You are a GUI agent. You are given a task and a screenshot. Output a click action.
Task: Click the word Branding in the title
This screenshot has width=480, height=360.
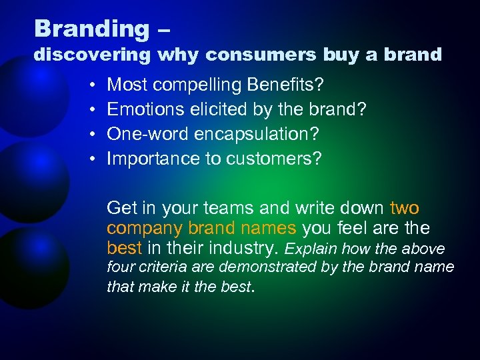pos(92,29)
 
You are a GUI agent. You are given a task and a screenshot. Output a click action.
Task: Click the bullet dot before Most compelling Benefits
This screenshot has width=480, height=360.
pos(90,85)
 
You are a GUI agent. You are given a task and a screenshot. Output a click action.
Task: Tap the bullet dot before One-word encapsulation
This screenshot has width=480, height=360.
pos(90,135)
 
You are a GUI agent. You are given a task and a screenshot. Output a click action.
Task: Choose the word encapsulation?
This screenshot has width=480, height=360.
pos(257,134)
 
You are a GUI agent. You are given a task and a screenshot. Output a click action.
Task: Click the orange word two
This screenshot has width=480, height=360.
pos(404,207)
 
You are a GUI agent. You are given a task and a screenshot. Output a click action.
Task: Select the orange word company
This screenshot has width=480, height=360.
pos(145,229)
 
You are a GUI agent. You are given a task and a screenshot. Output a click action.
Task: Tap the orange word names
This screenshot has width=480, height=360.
pos(269,228)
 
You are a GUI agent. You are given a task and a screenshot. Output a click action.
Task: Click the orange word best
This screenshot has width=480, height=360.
pos(124,249)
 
